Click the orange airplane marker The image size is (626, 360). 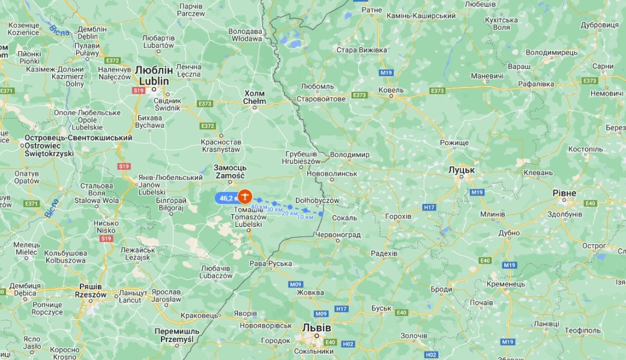coord(244,196)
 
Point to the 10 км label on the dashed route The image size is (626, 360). coord(305,217)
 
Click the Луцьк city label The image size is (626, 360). coord(462,170)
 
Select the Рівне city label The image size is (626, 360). coord(564,193)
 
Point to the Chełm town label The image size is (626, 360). coord(254,101)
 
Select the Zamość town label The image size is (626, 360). coord(229,176)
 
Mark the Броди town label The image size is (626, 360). coord(441,289)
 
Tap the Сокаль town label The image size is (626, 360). coord(345,218)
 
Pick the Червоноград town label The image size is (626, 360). coord(338,235)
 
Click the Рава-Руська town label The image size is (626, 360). coord(271,263)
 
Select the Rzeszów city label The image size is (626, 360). coord(91,295)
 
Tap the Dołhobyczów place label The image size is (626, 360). coord(318,200)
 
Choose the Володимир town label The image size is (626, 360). coord(350,154)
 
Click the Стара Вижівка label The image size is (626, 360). coord(362,50)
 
